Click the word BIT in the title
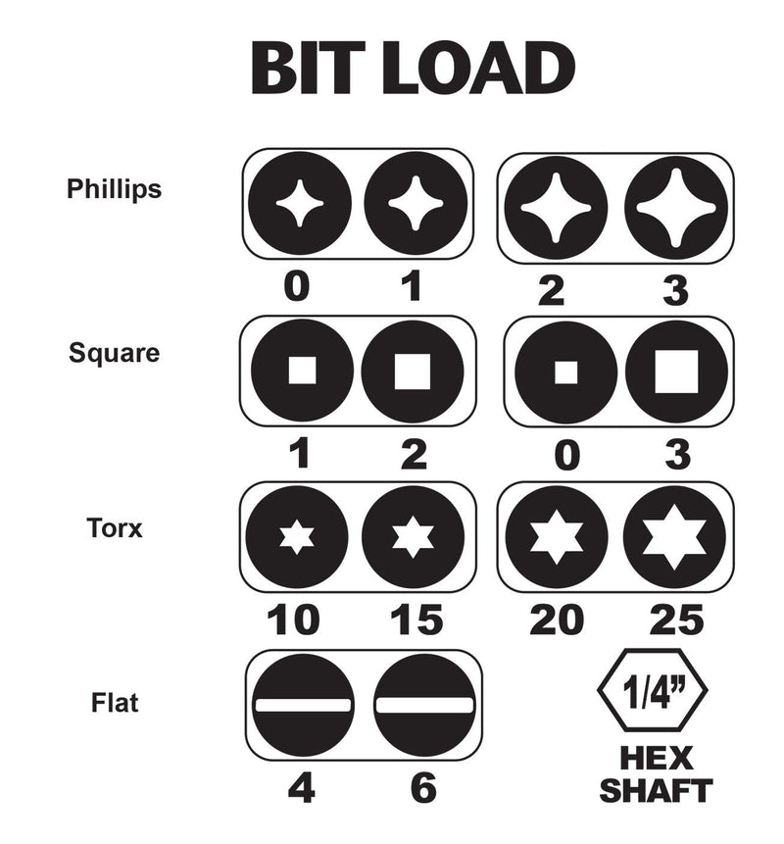pos(308,69)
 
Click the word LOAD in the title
pos(479,69)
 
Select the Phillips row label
pos(114,189)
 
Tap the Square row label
pos(114,354)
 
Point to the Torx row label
pos(115,528)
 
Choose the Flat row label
pos(115,703)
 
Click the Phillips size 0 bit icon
pos(300,205)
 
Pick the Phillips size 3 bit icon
pos(676,208)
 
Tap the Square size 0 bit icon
pos(566,372)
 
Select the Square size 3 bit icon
pos(676,372)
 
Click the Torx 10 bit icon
pos(297,537)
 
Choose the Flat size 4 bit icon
pos(303,705)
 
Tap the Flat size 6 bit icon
pos(424,705)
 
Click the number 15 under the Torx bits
pos(416,621)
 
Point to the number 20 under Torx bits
pos(557,621)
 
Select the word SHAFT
pos(656,790)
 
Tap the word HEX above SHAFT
pos(656,759)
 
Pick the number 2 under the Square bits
pos(414,455)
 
